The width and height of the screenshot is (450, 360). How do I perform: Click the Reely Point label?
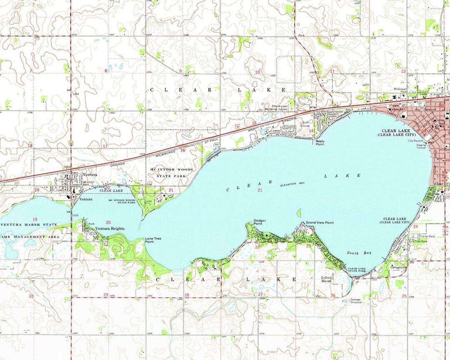pos(320,142)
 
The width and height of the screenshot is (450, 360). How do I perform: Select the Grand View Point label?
pos(320,223)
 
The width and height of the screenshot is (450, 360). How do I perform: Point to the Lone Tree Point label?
pos(152,240)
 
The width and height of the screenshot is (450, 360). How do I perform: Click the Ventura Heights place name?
pos(110,229)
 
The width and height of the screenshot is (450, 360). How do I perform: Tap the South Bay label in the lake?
pos(358,253)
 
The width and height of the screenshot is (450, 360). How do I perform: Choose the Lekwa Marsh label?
pos(326,279)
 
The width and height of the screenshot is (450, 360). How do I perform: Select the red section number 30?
pos(31,296)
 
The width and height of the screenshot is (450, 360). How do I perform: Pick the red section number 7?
pos(30,71)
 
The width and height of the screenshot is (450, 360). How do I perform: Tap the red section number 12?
pos(403,72)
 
